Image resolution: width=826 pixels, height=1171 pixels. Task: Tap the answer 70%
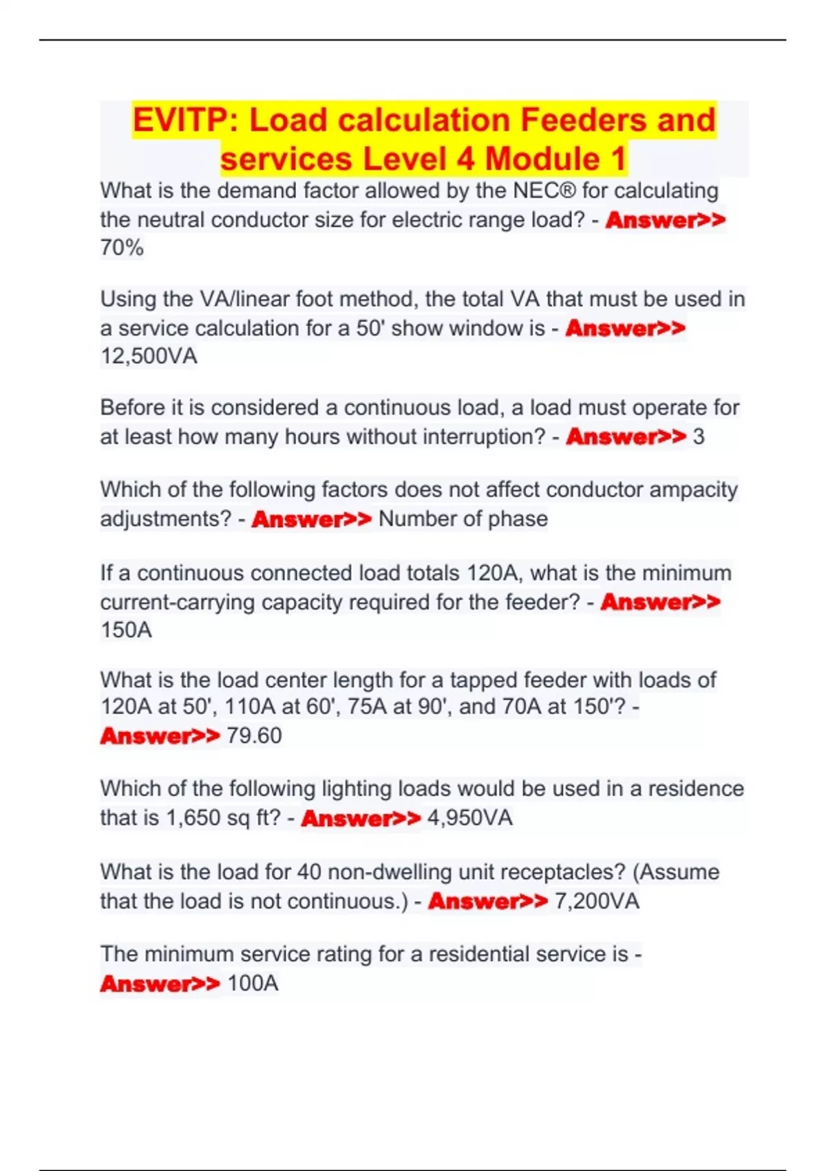click(122, 247)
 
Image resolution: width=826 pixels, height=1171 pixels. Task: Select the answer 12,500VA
click(149, 356)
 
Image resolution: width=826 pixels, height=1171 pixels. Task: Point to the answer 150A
click(126, 630)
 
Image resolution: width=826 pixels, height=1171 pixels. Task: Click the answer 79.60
click(254, 736)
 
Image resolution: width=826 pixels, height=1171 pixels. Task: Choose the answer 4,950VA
click(469, 818)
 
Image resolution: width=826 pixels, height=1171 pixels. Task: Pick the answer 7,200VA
click(596, 901)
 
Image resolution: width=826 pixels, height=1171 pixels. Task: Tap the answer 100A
click(253, 983)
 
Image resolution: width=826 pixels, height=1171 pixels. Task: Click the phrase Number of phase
click(463, 519)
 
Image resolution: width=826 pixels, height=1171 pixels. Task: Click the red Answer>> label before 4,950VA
click(361, 818)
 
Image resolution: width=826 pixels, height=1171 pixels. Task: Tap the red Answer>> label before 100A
click(160, 983)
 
